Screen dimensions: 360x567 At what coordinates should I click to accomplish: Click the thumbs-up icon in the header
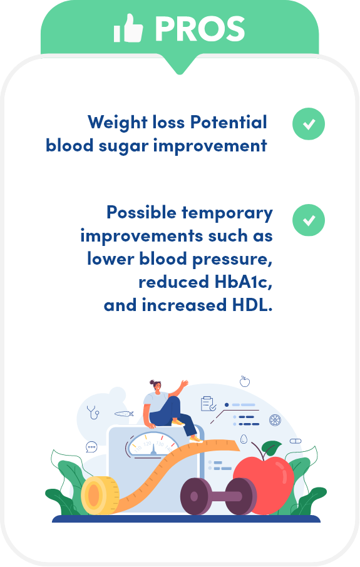[128, 28]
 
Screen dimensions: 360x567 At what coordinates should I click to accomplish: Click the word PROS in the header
[200, 29]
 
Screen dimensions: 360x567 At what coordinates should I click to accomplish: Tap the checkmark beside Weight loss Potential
[309, 124]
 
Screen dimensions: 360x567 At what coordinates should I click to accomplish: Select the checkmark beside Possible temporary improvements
[309, 220]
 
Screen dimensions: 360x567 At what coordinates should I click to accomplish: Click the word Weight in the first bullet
[117, 123]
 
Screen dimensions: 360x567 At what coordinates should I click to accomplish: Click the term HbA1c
[241, 282]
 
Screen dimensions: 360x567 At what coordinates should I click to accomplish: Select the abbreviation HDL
[250, 305]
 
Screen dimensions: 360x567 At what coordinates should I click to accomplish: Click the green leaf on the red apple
[272, 448]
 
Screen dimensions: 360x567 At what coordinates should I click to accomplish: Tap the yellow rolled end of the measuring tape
[100, 495]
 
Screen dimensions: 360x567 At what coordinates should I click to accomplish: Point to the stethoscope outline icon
[93, 412]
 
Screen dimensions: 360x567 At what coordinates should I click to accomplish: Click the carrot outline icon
[124, 414]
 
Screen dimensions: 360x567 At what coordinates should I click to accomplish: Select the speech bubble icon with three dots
[91, 447]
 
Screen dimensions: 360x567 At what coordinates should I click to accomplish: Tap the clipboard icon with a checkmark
[208, 404]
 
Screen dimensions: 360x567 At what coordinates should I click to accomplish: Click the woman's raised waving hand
[185, 383]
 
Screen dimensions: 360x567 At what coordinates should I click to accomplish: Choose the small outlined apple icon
[245, 381]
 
